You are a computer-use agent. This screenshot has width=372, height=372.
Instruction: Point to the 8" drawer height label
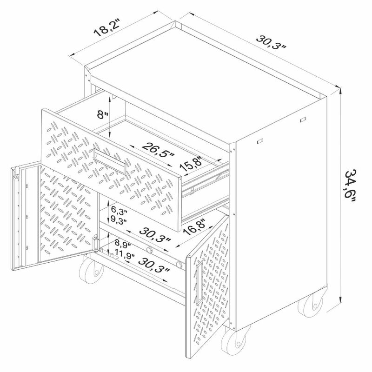[x=102, y=114]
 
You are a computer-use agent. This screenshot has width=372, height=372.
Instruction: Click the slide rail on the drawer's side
[x=205, y=184]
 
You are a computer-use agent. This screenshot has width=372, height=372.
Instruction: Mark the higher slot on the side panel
[x=303, y=120]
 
